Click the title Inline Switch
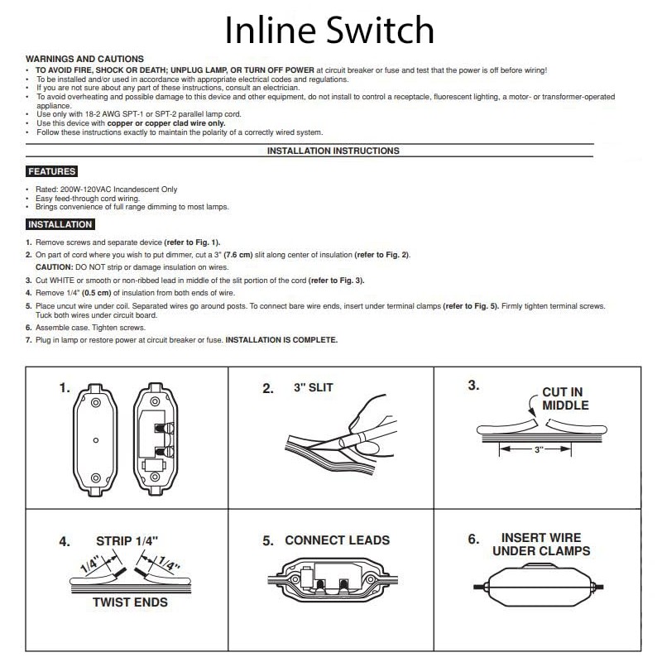[x=330, y=31]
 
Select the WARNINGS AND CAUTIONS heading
[x=84, y=60]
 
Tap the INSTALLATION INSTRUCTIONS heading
[x=333, y=151]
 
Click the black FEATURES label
[x=51, y=172]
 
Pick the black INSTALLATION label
[x=60, y=224]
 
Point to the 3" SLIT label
[x=314, y=387]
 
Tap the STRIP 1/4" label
[x=127, y=541]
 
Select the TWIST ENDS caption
[x=130, y=602]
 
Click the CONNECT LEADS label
[x=337, y=540]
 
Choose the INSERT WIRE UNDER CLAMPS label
[x=541, y=544]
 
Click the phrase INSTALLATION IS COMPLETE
[x=281, y=340]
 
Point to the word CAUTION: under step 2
[x=54, y=267]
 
